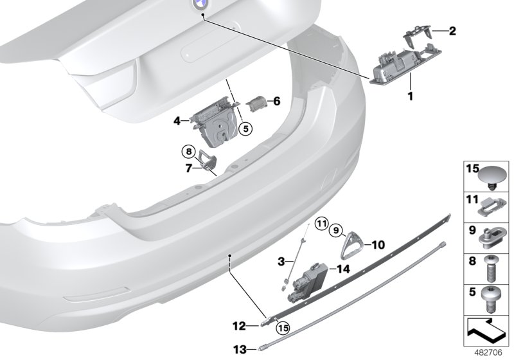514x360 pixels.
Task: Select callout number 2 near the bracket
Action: tap(453, 30)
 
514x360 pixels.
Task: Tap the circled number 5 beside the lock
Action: tap(245, 129)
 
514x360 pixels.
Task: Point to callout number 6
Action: tap(277, 101)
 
